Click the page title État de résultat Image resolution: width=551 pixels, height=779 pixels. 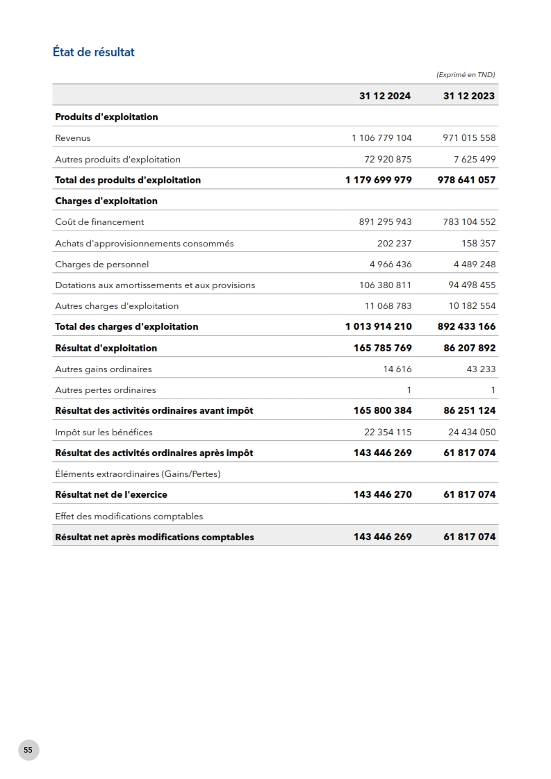pyautogui.click(x=94, y=52)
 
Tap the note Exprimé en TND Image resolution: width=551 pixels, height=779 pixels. pyautogui.click(x=465, y=74)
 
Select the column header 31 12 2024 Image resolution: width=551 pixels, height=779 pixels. pyautogui.click(x=385, y=96)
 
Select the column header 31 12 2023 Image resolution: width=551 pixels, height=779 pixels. pyautogui.click(x=469, y=96)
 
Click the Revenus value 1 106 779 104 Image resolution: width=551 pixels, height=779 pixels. pyautogui.click(x=381, y=138)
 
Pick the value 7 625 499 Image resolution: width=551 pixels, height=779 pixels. pyautogui.click(x=475, y=159)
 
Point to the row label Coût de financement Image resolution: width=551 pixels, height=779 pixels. pyautogui.click(x=99, y=222)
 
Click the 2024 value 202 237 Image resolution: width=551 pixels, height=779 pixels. pyautogui.click(x=394, y=243)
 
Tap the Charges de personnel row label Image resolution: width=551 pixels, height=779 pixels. pyautogui.click(x=101, y=265)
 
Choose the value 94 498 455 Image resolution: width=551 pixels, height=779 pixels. pyautogui.click(x=472, y=285)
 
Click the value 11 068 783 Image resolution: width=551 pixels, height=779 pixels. pyautogui.click(x=388, y=305)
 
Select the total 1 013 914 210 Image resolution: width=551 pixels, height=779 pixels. pyautogui.click(x=378, y=326)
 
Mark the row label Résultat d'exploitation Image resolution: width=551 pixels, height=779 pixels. pyautogui.click(x=106, y=348)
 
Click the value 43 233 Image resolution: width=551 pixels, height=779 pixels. pyautogui.click(x=481, y=369)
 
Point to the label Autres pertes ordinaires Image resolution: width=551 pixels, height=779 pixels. pyautogui.click(x=105, y=390)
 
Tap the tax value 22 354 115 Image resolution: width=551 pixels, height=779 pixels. pyautogui.click(x=388, y=432)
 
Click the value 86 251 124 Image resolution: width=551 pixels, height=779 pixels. pyautogui.click(x=470, y=410)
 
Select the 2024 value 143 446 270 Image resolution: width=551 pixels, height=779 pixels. pyautogui.click(x=383, y=494)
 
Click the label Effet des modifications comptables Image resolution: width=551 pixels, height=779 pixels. pyautogui.click(x=129, y=516)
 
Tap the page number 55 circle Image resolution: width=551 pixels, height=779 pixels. pyautogui.click(x=28, y=750)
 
